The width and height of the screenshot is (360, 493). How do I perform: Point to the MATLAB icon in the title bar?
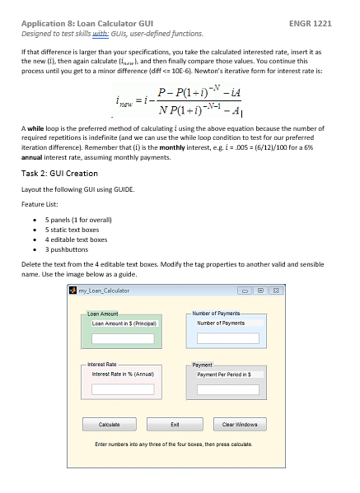(x=72, y=291)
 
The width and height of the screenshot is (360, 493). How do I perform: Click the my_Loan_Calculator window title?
(x=104, y=291)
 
